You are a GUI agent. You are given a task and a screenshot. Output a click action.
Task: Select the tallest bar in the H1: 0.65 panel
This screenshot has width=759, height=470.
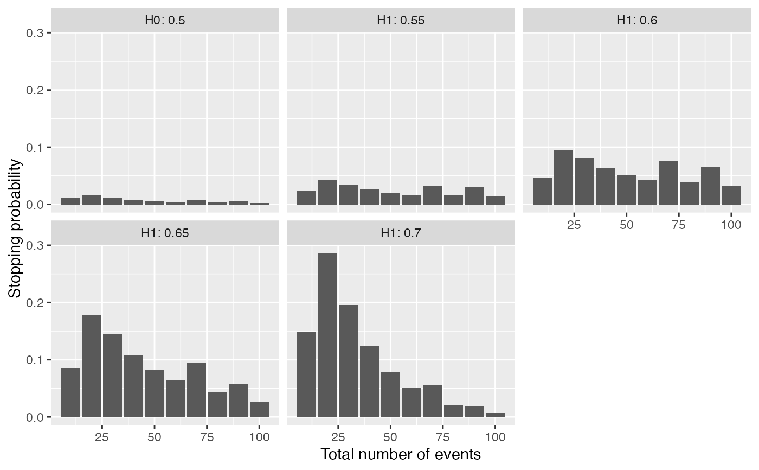(92, 366)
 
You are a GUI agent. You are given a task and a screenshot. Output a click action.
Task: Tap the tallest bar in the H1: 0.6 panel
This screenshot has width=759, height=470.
(564, 177)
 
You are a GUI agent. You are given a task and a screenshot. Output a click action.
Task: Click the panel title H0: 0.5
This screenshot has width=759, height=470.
(165, 21)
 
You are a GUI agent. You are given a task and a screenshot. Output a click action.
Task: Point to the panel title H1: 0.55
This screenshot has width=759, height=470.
(401, 21)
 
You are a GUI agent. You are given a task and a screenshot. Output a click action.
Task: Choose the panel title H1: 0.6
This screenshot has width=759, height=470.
(636, 21)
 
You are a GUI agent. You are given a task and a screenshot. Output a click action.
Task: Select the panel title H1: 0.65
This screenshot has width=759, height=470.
(165, 233)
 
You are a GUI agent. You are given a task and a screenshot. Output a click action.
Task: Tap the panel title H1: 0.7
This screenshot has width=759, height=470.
(401, 233)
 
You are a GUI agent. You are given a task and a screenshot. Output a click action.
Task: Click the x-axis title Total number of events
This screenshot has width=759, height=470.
(401, 454)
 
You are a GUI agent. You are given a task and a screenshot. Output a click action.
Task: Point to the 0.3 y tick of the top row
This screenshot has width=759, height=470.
(36, 33)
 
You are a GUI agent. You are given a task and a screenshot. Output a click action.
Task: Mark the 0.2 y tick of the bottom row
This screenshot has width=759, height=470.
(36, 302)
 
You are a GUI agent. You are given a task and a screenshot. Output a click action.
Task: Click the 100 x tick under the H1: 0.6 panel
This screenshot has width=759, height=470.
(731, 224)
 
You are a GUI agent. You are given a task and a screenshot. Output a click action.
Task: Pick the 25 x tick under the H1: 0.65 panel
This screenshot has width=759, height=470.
(102, 437)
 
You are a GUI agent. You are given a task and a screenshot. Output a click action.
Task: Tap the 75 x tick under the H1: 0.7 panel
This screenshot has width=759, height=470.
(443, 437)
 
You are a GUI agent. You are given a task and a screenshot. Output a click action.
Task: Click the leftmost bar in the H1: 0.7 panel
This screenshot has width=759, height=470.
(306, 374)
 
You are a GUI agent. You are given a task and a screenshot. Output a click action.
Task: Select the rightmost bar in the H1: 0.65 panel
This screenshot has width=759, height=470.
(259, 409)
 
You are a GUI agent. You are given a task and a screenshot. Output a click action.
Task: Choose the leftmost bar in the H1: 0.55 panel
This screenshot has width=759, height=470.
(306, 198)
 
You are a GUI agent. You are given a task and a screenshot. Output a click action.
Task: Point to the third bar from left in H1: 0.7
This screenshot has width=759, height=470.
(349, 361)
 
